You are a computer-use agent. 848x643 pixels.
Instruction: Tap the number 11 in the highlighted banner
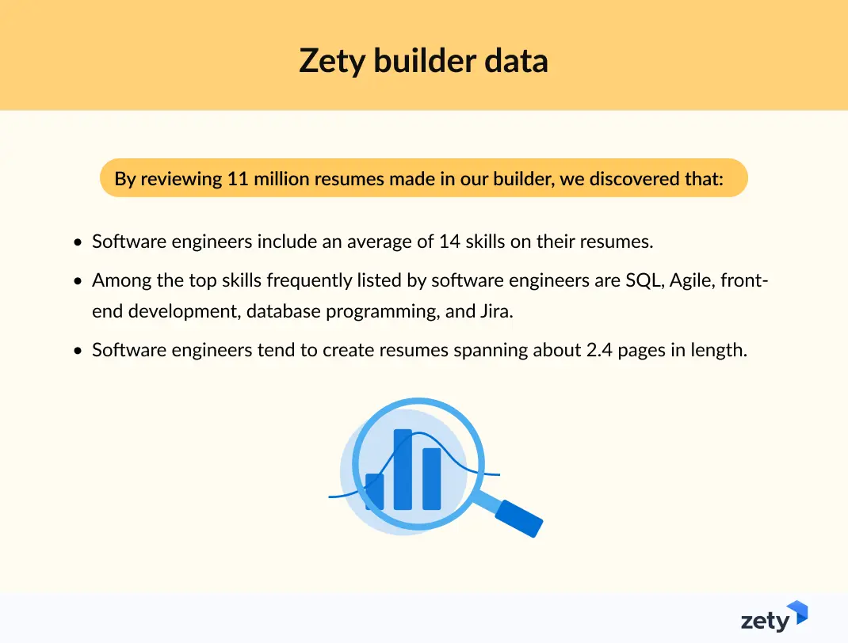point(238,179)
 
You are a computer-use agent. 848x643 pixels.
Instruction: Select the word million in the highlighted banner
point(283,179)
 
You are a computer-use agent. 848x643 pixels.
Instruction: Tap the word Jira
point(496,311)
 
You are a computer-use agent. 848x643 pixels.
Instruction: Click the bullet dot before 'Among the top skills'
point(77,281)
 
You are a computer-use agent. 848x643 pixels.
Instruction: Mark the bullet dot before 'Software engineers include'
point(77,242)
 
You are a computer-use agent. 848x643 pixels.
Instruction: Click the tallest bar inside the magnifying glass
point(403,470)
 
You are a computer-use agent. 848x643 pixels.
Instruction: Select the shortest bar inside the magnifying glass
point(374,491)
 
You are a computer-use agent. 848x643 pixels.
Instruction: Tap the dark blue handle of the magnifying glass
point(519,519)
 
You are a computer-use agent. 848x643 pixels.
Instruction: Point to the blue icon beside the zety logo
point(797,612)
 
